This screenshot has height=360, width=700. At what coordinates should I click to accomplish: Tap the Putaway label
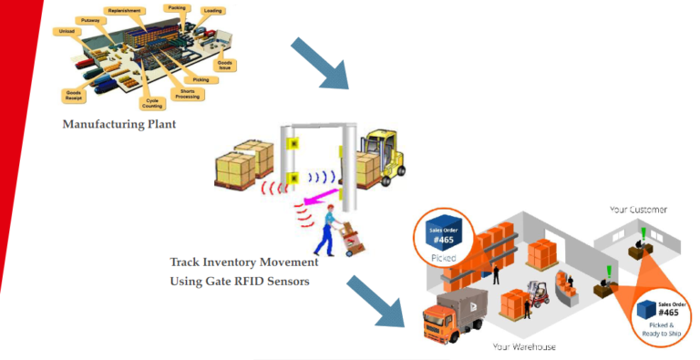point(91,18)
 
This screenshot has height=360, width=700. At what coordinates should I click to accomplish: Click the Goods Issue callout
point(226,65)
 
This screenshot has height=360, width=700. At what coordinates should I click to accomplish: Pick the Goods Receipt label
point(74,95)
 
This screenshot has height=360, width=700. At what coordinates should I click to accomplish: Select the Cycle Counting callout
point(152,102)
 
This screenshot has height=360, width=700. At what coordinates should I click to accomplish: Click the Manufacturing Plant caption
point(118,124)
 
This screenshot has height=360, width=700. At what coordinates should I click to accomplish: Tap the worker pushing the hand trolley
point(325,228)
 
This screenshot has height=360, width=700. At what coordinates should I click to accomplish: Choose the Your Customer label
point(638,209)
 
